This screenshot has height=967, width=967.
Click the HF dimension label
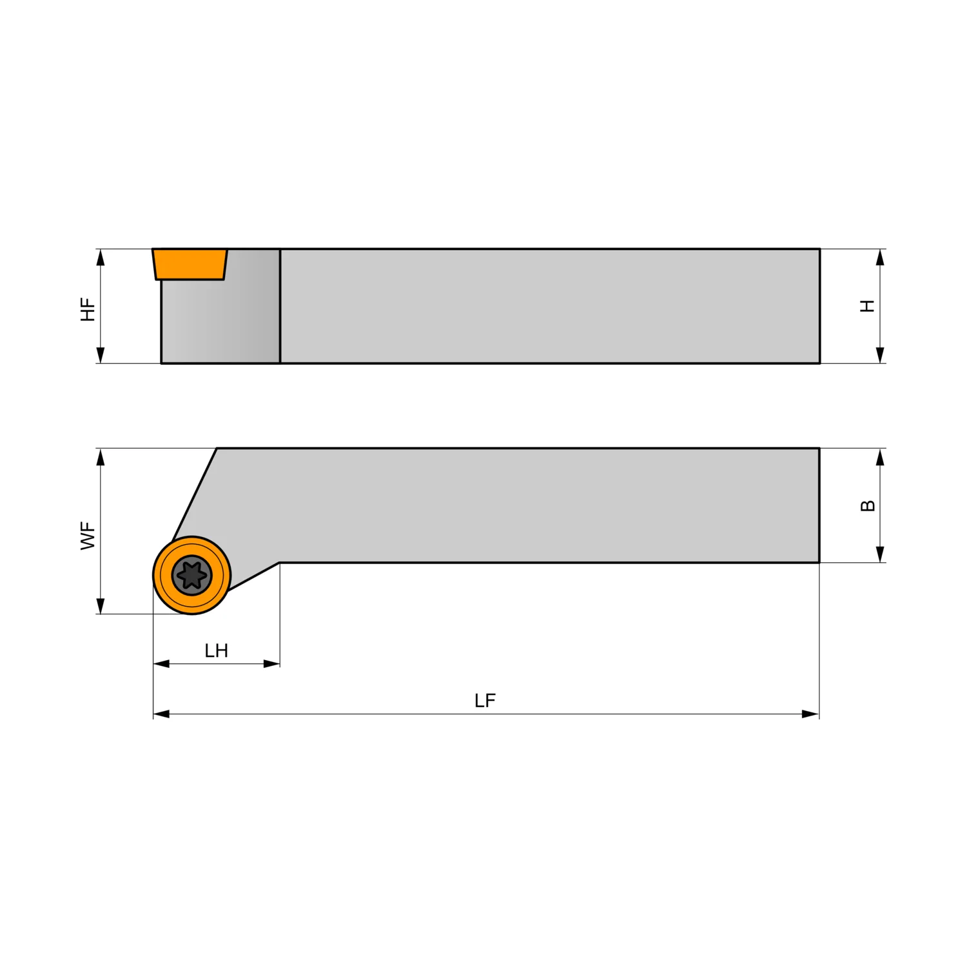pyautogui.click(x=88, y=309)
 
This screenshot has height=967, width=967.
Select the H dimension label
pyautogui.click(x=868, y=306)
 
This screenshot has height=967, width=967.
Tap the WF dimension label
pyautogui.click(x=88, y=536)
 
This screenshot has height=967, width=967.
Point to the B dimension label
pyautogui.click(x=868, y=505)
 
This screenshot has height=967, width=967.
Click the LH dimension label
pyautogui.click(x=216, y=650)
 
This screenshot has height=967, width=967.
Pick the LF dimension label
pyautogui.click(x=485, y=701)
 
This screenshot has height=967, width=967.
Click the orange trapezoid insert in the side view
pyautogui.click(x=190, y=264)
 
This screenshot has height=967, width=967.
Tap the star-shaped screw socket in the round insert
pyautogui.click(x=192, y=575)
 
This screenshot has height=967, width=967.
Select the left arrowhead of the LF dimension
pyautogui.click(x=161, y=714)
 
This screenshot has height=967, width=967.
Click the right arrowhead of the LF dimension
pyautogui.click(x=810, y=714)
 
